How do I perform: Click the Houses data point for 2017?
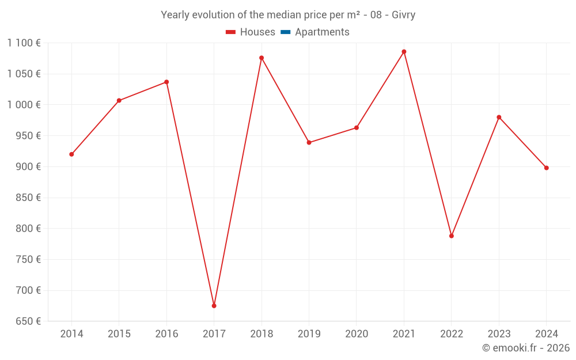(214, 306)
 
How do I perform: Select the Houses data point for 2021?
(404, 52)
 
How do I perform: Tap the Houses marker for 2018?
(262, 58)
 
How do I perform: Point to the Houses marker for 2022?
(452, 236)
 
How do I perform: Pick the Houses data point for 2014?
(71, 154)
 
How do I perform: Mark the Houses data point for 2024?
(547, 168)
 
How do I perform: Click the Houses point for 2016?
(166, 82)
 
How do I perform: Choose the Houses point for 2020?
(357, 128)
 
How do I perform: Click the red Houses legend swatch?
(231, 32)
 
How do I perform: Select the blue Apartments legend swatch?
(285, 32)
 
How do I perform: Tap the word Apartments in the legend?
(322, 32)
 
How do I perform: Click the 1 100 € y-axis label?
(24, 43)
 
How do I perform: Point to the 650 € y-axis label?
(28, 321)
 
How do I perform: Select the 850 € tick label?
(28, 198)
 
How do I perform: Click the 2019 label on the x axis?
(309, 334)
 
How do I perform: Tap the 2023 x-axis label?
(499, 334)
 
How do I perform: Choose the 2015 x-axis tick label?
(119, 334)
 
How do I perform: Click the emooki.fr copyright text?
(526, 348)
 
